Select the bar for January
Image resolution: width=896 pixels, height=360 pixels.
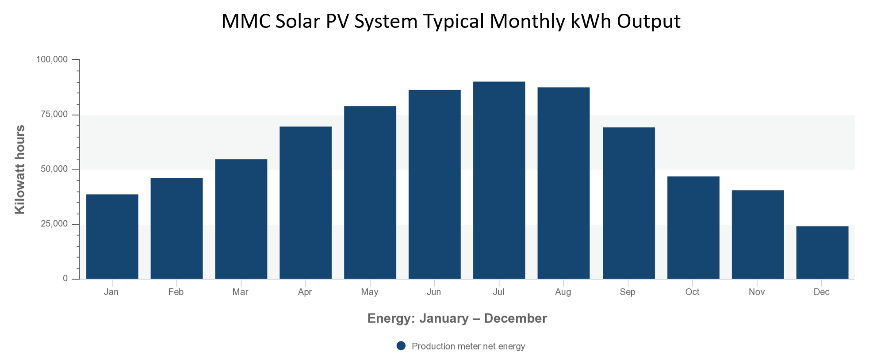tap(112, 237)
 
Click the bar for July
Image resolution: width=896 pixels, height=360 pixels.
tap(499, 180)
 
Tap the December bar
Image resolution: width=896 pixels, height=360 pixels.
tap(822, 253)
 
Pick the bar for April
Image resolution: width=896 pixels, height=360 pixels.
tap(306, 203)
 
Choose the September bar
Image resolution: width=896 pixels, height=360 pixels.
tap(628, 203)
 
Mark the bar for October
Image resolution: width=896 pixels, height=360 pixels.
tap(693, 228)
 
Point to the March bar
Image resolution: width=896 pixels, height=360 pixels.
tap(241, 219)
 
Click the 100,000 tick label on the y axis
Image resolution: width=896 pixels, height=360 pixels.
tap(52, 59)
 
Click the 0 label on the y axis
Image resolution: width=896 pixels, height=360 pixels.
tap(65, 279)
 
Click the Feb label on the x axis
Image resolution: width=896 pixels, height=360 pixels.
tap(176, 292)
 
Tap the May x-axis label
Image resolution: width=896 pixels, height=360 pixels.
tap(370, 292)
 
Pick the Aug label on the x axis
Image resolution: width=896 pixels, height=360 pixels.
tap(563, 292)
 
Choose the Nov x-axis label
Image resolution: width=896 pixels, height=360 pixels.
tap(757, 292)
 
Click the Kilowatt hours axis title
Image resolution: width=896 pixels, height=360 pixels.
tap(20, 169)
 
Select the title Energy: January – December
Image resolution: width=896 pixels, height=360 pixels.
tap(457, 318)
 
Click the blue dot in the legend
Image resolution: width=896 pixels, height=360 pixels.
tap(401, 346)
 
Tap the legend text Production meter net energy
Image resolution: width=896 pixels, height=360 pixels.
tap(468, 346)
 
